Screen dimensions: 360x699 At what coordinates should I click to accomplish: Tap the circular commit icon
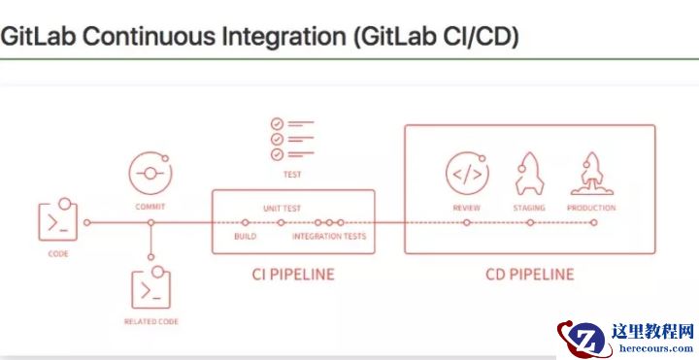coord(150,175)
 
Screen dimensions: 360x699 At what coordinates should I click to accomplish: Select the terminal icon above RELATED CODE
coord(150,289)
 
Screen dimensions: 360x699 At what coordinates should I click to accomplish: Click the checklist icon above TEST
coord(291,140)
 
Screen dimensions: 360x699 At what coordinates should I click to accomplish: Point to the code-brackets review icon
coord(466,175)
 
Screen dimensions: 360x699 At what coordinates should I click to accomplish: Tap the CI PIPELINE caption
coord(292,275)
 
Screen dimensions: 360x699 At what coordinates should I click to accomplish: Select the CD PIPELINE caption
coord(530,275)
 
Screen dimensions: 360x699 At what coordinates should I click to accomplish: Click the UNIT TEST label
coord(282,209)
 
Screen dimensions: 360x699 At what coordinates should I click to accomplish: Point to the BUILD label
coord(246,237)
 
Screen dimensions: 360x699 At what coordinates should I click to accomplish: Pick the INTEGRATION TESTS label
coord(329,237)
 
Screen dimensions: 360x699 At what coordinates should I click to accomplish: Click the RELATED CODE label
coord(150,321)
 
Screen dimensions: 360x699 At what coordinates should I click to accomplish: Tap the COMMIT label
coord(150,207)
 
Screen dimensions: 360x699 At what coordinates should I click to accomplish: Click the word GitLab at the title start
coord(37,37)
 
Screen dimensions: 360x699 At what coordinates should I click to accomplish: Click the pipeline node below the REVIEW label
coord(467,223)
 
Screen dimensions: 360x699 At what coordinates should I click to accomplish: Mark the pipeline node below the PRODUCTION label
coord(593,223)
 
